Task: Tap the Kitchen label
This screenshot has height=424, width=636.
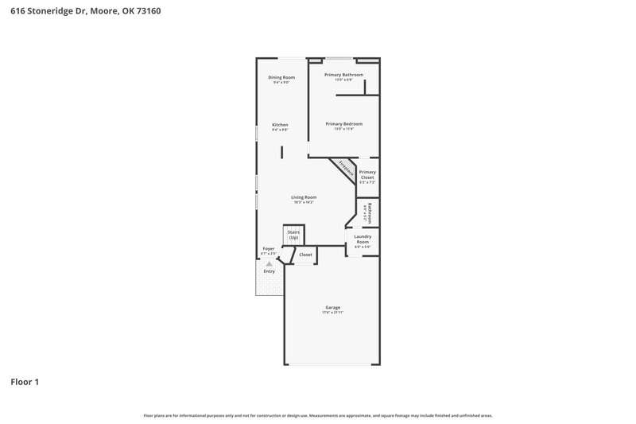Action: pyautogui.click(x=280, y=125)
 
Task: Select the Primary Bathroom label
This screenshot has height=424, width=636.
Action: pyautogui.click(x=343, y=75)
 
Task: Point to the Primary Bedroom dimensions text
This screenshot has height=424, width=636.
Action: pyautogui.click(x=343, y=129)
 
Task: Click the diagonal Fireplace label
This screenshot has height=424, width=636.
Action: pyautogui.click(x=345, y=169)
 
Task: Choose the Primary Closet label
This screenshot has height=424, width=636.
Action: pyautogui.click(x=367, y=174)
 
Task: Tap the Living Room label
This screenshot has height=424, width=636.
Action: pyautogui.click(x=304, y=197)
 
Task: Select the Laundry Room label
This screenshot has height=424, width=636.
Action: pyautogui.click(x=363, y=239)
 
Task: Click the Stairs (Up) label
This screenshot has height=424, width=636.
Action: pyautogui.click(x=293, y=235)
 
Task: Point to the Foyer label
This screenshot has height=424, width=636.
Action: pyautogui.click(x=269, y=249)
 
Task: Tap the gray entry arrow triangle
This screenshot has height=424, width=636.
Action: pyautogui.click(x=270, y=263)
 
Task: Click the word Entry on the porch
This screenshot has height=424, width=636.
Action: pyautogui.click(x=270, y=271)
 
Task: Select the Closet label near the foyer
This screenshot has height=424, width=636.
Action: pyautogui.click(x=305, y=255)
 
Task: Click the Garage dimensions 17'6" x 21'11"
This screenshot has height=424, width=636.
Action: pyautogui.click(x=332, y=313)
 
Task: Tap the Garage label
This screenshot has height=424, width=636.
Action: pyautogui.click(x=332, y=307)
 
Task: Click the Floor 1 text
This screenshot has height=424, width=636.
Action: pyautogui.click(x=25, y=382)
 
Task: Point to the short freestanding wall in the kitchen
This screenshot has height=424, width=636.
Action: pyautogui.click(x=281, y=151)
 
